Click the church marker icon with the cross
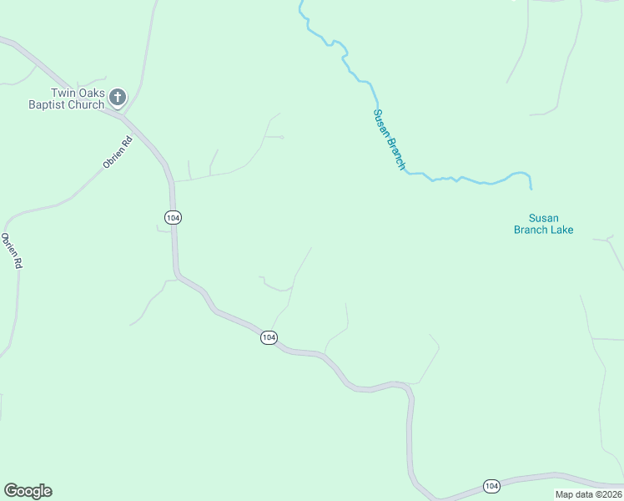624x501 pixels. tap(118, 98)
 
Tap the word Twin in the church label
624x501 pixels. tap(63, 93)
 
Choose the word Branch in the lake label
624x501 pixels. tap(531, 230)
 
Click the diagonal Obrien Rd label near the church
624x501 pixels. tap(118, 153)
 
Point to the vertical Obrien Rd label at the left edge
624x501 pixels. tap(10, 250)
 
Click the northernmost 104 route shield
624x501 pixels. tap(172, 217)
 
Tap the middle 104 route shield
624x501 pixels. tap(268, 337)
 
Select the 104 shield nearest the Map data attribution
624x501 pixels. tap(491, 485)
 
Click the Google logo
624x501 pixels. tap(28, 491)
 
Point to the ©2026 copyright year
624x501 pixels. tap(608, 494)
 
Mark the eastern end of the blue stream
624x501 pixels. tap(531, 189)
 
